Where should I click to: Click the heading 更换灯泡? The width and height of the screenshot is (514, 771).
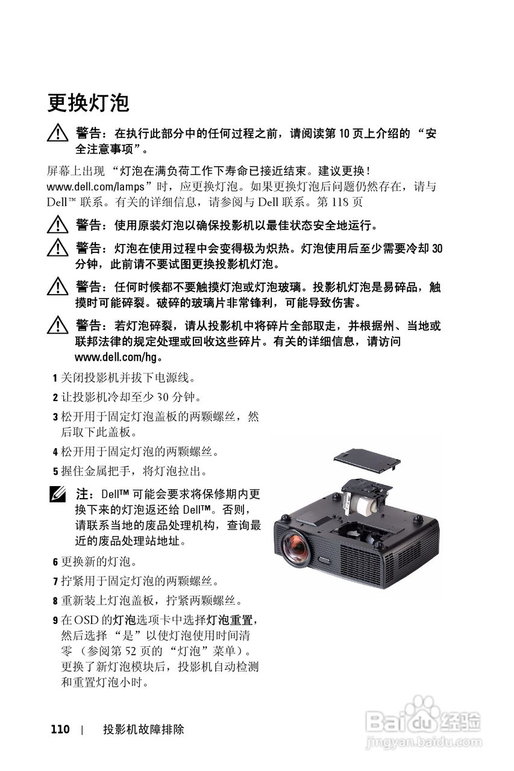88,102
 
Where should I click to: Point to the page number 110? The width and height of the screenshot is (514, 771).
60,729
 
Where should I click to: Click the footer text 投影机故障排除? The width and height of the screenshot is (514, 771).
143,729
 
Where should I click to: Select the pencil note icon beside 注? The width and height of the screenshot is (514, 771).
59,495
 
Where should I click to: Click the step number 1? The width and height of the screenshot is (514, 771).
55,379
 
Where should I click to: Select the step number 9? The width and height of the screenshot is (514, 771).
55,620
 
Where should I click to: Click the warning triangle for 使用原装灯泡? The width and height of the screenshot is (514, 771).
59,226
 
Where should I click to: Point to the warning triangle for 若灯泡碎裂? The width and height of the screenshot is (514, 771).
59,327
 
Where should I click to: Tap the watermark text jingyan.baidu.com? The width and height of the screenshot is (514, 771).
425,740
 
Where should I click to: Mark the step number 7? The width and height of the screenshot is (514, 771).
55,581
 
